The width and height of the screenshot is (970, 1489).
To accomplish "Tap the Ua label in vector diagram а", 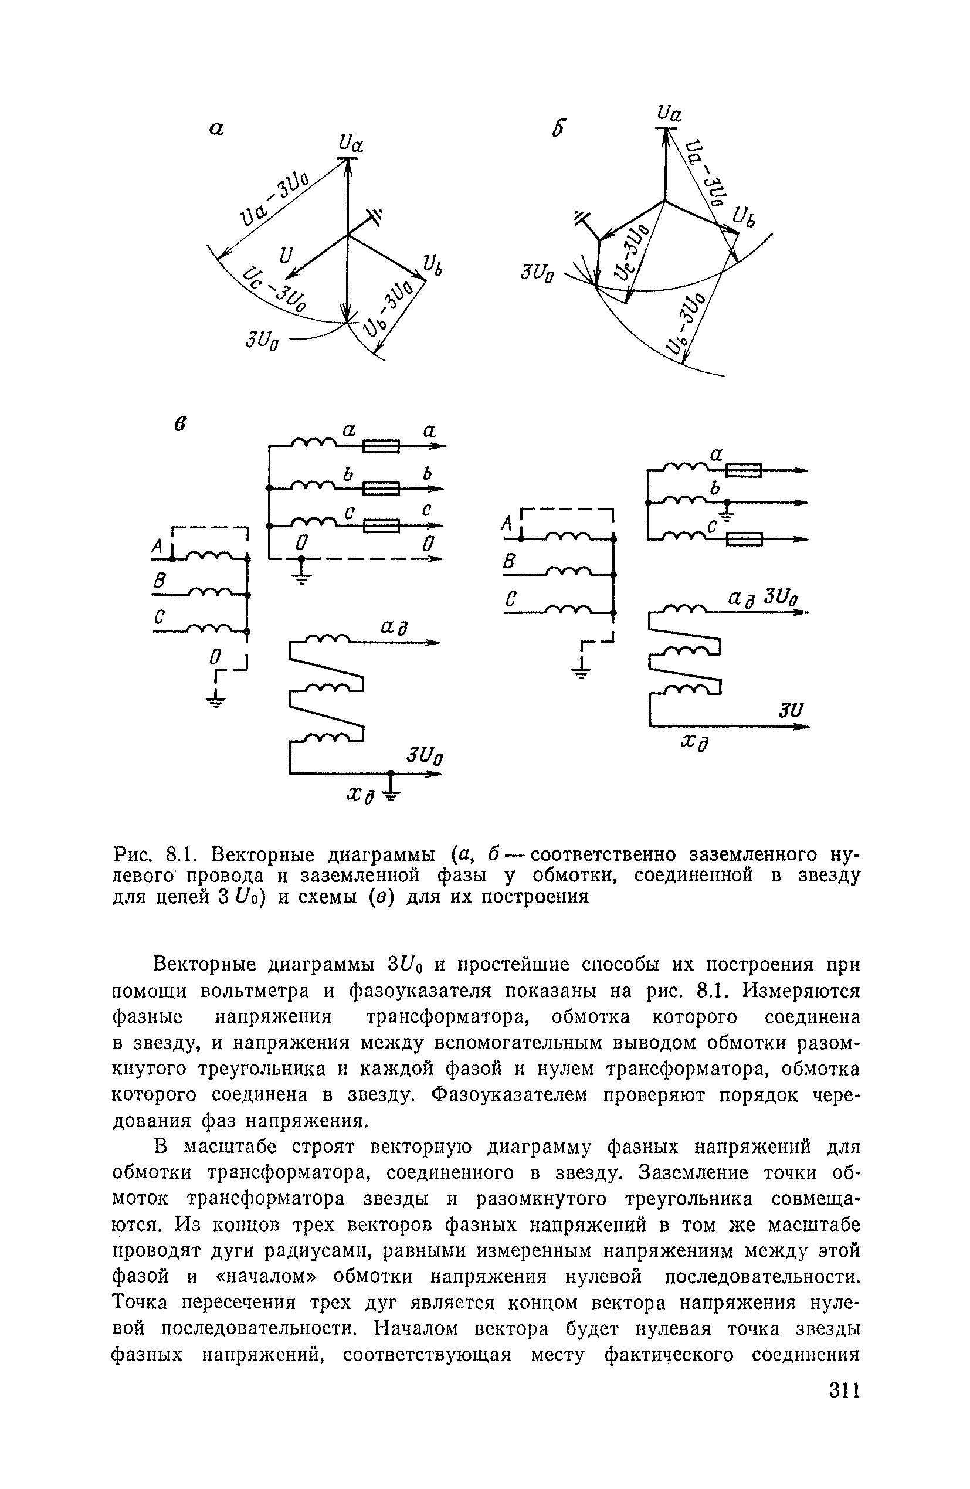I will click(351, 144).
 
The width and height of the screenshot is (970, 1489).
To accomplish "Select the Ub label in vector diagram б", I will click(743, 217).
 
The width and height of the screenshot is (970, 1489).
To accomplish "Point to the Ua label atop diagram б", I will click(670, 114).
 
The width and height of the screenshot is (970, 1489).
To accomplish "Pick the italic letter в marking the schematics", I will click(180, 423).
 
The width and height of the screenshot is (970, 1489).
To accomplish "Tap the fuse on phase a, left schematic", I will click(381, 446).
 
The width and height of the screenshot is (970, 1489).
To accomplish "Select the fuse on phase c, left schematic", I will click(381, 525).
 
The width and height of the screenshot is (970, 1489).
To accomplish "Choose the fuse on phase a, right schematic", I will click(744, 470).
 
